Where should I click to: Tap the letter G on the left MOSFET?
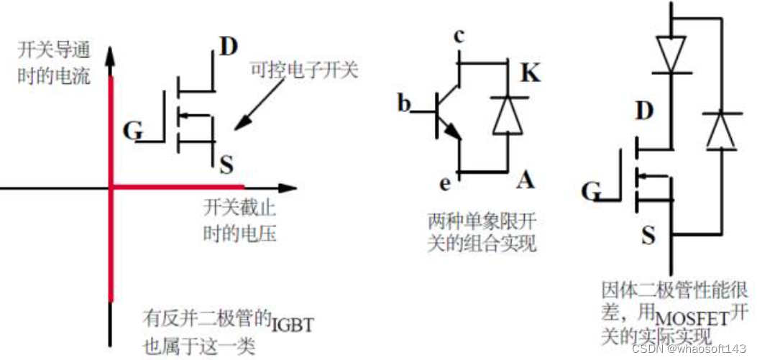[133, 131]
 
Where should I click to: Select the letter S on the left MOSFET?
[226, 166]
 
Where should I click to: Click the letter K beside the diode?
[530, 73]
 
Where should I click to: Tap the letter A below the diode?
[525, 179]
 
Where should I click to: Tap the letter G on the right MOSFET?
[592, 192]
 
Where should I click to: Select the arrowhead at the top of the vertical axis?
[111, 58]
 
